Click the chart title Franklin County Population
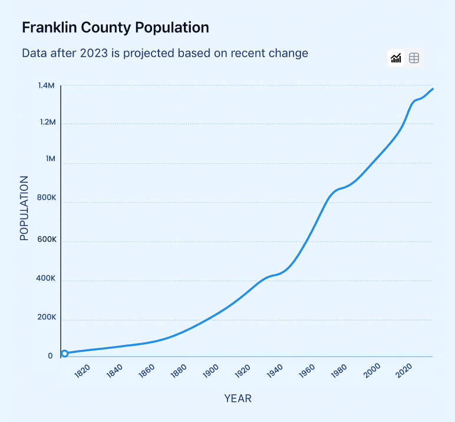tap(116, 28)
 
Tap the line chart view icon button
tap(396, 58)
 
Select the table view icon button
tap(414, 58)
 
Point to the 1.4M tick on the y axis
tap(47, 86)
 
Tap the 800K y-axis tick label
tap(45, 200)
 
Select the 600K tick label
tap(45, 239)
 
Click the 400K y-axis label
tap(45, 278)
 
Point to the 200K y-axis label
tap(45, 317)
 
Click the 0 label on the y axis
tap(51, 355)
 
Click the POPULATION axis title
tap(24, 208)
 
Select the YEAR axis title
tap(238, 398)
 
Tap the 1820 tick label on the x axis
tap(83, 370)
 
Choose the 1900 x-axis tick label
tap(210, 370)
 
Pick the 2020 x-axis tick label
tap(403, 370)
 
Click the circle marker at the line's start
tap(65, 354)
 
